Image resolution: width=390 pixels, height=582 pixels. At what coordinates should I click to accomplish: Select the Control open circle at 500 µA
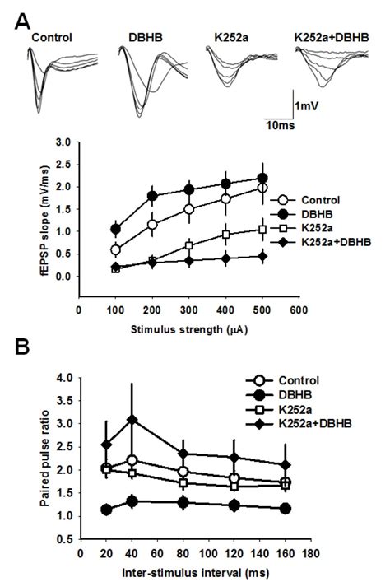point(262,189)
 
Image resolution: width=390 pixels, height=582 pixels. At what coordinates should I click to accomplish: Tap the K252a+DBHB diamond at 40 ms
point(132,420)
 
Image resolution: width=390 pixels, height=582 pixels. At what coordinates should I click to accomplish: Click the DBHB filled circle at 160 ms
point(262,509)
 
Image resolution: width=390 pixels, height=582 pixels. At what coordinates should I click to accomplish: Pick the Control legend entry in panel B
point(277,381)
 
